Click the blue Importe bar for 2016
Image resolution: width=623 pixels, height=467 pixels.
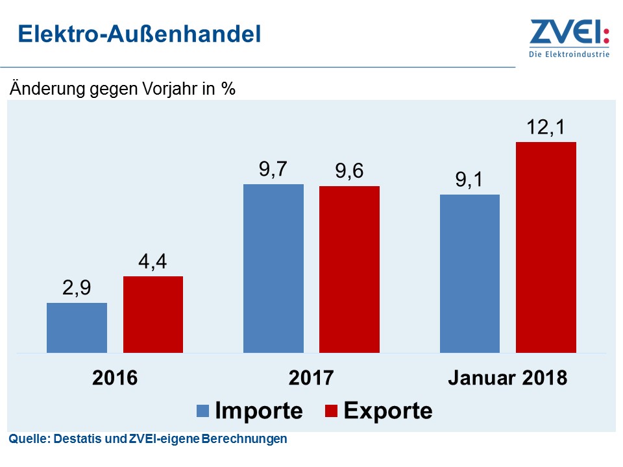click(77, 328)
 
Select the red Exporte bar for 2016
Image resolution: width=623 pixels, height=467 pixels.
click(153, 315)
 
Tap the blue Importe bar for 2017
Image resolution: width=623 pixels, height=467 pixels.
click(273, 269)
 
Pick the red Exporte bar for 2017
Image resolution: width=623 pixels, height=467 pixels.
click(349, 269)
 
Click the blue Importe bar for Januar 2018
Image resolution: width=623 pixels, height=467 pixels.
click(470, 274)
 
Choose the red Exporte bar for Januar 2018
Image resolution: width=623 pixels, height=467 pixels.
click(546, 247)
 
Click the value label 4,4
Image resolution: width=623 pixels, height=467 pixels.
click(153, 263)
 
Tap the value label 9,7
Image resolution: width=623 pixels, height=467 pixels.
click(273, 170)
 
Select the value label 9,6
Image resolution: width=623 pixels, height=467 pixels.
click(349, 172)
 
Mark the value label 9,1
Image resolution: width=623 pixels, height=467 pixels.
click(470, 180)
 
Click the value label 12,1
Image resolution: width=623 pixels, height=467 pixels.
click(546, 128)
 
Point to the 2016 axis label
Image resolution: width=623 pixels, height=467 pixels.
click(115, 378)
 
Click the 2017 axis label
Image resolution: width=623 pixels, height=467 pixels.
click(311, 378)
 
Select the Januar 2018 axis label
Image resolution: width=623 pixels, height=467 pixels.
click(507, 378)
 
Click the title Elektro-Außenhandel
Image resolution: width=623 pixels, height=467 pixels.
click(139, 34)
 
